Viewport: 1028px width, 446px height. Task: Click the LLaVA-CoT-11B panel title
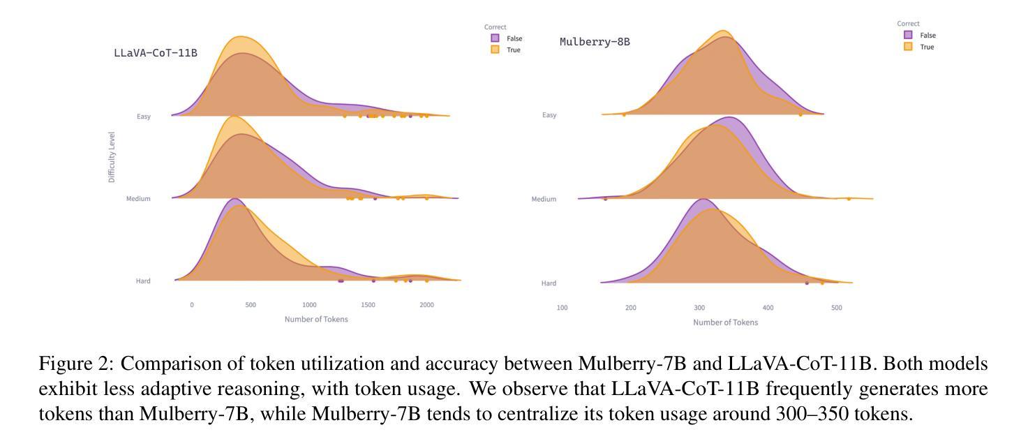pyautogui.click(x=155, y=52)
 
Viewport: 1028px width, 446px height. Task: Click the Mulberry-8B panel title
pyautogui.click(x=595, y=42)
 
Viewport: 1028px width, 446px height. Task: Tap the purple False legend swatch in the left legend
pyautogui.click(x=495, y=38)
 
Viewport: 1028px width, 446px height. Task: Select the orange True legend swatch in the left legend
pyautogui.click(x=495, y=50)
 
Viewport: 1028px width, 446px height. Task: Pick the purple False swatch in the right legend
pyautogui.click(x=908, y=35)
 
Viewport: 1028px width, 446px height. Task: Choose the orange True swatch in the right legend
pyautogui.click(x=908, y=47)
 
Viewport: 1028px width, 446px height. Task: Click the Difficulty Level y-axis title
pyautogui.click(x=112, y=157)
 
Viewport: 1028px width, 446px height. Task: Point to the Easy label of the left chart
pyautogui.click(x=144, y=117)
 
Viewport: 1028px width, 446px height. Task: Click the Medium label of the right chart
pyautogui.click(x=544, y=200)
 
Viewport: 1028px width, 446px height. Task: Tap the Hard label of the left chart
pyautogui.click(x=143, y=281)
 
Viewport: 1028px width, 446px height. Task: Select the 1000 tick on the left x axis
pyautogui.click(x=309, y=305)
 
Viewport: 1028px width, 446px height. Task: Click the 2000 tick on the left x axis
pyautogui.click(x=427, y=305)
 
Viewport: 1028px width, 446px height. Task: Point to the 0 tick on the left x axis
pyautogui.click(x=192, y=305)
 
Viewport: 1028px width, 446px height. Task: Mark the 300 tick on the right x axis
pyautogui.click(x=699, y=308)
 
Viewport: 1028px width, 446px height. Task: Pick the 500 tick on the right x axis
pyautogui.click(x=837, y=308)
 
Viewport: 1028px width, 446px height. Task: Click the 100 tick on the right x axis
pyautogui.click(x=562, y=308)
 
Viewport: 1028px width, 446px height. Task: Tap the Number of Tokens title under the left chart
pyautogui.click(x=316, y=320)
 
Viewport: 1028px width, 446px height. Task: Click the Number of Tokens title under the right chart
pyautogui.click(x=725, y=322)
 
